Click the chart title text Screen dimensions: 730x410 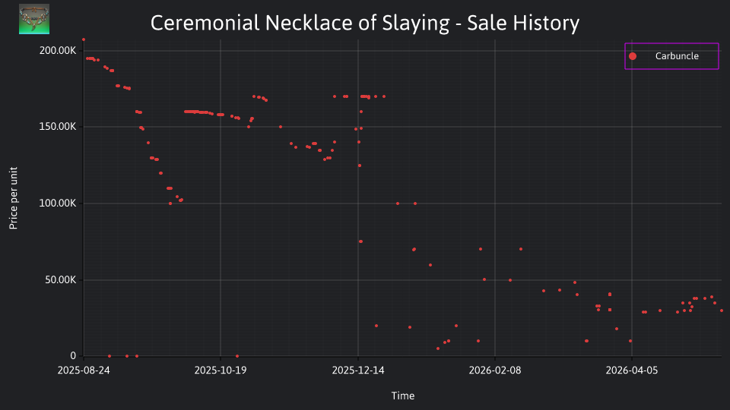(x=365, y=23)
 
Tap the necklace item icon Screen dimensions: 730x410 (x=34, y=19)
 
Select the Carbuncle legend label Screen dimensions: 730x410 (x=677, y=56)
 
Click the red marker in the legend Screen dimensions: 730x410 (x=632, y=56)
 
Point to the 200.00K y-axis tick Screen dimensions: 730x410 (x=58, y=51)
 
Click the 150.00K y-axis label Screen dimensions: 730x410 (x=58, y=127)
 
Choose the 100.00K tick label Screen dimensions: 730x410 (x=58, y=203)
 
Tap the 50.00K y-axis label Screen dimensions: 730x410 (x=61, y=280)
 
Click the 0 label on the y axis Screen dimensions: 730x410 (x=73, y=356)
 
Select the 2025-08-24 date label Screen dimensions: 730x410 (x=84, y=371)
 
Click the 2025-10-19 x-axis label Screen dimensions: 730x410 (x=221, y=371)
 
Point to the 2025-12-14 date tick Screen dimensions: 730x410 (x=358, y=371)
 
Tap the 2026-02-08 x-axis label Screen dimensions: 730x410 (x=495, y=371)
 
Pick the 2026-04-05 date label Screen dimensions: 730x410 (x=632, y=371)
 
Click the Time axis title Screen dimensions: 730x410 (x=403, y=396)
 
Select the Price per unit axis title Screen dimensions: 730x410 (x=14, y=198)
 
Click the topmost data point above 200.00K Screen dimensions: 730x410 (x=84, y=40)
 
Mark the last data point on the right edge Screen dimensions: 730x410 (x=722, y=311)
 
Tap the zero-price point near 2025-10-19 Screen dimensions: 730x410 (x=237, y=356)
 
